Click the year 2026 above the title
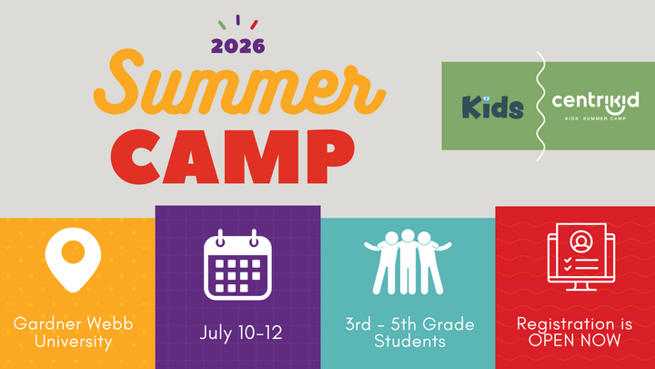(x=237, y=45)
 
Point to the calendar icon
(x=237, y=265)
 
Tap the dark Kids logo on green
(x=492, y=107)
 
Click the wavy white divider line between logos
(x=540, y=106)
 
